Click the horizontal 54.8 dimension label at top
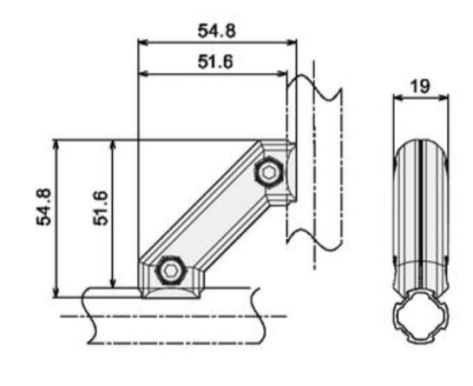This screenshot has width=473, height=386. (x=216, y=30)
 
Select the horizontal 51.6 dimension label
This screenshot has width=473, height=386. (x=215, y=62)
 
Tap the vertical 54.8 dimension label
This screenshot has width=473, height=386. (x=44, y=207)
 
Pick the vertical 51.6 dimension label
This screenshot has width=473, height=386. (x=101, y=208)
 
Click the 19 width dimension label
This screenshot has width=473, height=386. (x=420, y=86)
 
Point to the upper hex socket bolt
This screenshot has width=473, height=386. (x=268, y=172)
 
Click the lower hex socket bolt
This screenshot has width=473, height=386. (x=171, y=270)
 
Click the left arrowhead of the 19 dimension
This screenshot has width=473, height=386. (x=398, y=97)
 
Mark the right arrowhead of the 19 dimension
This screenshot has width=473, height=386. (x=443, y=97)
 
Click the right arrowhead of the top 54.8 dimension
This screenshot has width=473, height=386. (x=292, y=43)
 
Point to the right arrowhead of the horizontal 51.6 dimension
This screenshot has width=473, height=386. (x=282, y=73)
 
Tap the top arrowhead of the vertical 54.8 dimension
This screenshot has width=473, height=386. (x=56, y=145)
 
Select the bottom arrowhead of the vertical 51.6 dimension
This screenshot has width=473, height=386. (x=113, y=283)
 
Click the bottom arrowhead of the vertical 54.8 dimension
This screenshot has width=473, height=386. (x=56, y=293)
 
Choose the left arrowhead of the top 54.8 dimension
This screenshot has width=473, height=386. (x=143, y=43)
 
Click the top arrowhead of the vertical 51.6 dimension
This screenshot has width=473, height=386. (x=113, y=145)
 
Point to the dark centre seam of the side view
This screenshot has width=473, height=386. (x=420, y=216)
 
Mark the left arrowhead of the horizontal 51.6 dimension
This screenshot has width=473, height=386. (x=143, y=73)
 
